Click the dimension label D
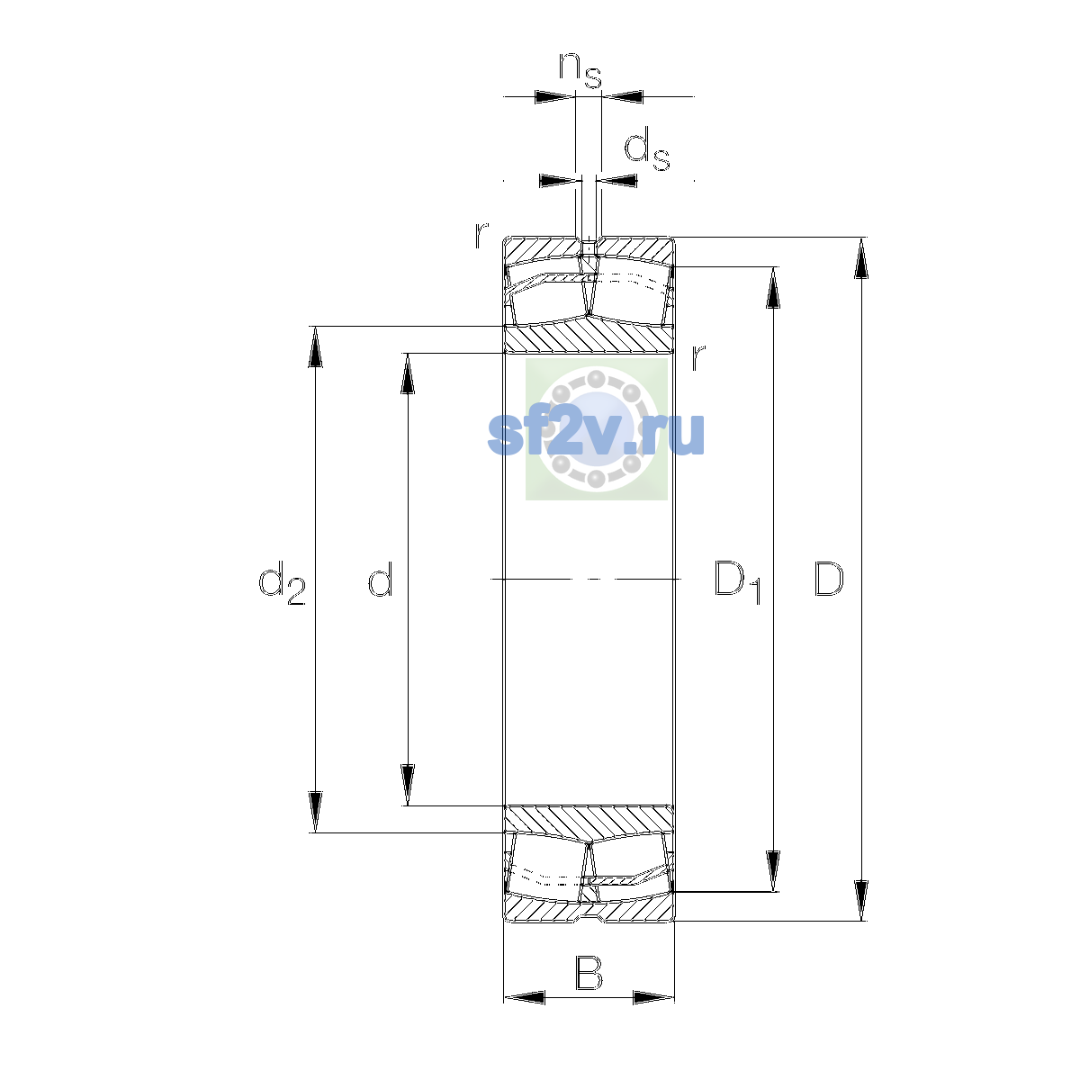tap(828, 579)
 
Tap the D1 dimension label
tap(738, 581)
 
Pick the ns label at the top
tap(580, 70)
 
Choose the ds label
tap(647, 149)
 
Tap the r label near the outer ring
tap(481, 236)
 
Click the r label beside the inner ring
tap(697, 357)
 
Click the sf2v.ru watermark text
tap(596, 433)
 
